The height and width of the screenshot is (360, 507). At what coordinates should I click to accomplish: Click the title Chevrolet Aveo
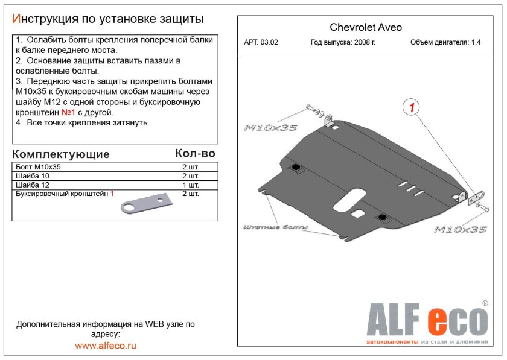365,27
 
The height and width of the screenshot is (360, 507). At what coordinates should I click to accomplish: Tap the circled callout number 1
411,108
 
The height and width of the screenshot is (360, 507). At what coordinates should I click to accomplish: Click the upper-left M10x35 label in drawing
271,128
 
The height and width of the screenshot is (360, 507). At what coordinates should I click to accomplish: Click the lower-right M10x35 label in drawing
461,229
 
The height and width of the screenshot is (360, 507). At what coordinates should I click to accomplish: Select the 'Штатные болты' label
275,227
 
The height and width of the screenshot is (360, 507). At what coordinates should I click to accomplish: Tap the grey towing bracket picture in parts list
146,205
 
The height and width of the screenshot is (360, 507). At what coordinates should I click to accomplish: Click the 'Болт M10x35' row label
39,167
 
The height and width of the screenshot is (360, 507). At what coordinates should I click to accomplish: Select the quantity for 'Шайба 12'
190,185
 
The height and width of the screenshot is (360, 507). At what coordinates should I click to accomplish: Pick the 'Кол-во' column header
194,154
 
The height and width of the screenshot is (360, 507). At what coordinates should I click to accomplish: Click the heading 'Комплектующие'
61,154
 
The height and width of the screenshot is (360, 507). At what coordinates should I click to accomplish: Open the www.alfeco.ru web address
106,346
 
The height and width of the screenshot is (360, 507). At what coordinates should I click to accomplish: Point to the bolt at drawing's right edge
484,207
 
